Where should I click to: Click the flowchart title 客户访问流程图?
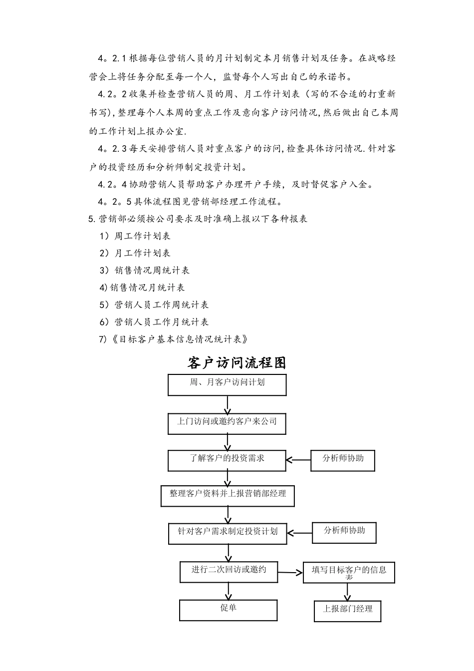pos(237,363)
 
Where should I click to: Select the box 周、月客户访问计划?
pos(228,384)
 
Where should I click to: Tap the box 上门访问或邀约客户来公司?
pos(228,423)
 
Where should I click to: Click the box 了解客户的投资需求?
pos(228,460)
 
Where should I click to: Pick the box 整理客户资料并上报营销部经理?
pos(228,496)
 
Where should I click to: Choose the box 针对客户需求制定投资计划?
pos(228,533)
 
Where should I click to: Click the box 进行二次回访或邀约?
pos(229,572)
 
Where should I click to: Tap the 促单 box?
pos(229,610)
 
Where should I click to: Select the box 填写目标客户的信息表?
pos(349,572)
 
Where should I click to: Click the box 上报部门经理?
pos(348,611)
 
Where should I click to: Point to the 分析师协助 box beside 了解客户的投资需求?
pos(343,460)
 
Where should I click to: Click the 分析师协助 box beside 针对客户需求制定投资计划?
pos(344,532)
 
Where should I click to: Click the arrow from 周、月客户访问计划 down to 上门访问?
pos(228,404)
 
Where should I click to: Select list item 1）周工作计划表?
pos(135,236)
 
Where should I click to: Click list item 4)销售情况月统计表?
pos(142,288)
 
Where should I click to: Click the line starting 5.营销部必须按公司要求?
pos(198,219)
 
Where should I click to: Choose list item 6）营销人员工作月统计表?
pos(154,322)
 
